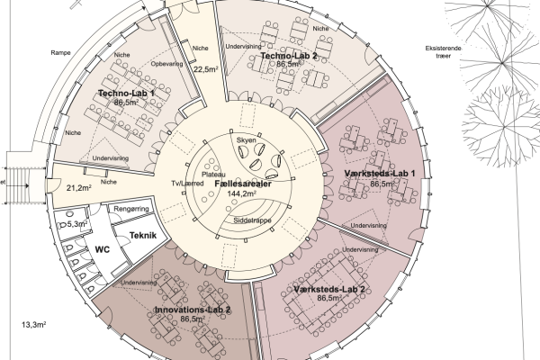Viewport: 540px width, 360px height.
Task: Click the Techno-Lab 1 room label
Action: coord(126,94)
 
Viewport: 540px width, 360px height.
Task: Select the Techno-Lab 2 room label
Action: coord(289,56)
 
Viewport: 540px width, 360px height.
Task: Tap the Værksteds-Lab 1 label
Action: coord(380,174)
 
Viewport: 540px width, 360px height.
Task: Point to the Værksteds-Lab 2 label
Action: coord(329,289)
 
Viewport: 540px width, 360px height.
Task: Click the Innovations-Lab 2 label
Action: coord(193,310)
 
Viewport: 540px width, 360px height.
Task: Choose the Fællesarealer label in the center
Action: coord(243,184)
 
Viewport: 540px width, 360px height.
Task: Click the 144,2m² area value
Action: coord(242,193)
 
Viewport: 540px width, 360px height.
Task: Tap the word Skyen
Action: coord(247,140)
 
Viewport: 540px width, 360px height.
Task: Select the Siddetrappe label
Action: coord(252,220)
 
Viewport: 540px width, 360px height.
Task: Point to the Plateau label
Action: coord(213,175)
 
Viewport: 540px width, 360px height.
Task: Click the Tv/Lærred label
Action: coord(188,184)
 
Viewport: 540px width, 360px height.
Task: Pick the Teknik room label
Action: coord(143,235)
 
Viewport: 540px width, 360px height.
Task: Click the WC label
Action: coord(103,249)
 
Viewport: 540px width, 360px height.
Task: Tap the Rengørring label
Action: coord(131,209)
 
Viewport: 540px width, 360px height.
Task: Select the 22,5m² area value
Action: coord(205,69)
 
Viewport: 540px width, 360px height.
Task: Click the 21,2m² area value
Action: coord(79,188)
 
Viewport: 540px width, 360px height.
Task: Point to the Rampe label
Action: coord(60,53)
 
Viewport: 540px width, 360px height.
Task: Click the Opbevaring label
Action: coord(167,64)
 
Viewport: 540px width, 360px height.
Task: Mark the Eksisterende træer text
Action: coord(443,52)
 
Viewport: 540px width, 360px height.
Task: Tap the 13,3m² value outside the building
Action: coord(34,325)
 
